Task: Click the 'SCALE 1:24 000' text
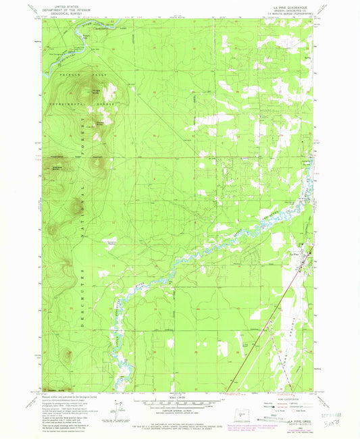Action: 179,398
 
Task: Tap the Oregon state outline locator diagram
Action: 244,413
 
